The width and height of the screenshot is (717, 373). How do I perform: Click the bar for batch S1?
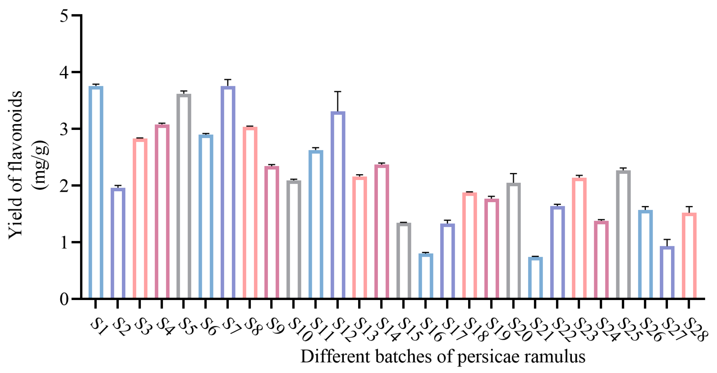[96, 193]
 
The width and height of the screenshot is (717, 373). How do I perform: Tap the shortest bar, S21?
[535, 278]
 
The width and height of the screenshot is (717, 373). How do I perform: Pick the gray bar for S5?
[184, 196]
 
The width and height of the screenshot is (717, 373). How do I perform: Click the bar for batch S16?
[426, 276]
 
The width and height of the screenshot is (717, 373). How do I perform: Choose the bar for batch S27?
[667, 272]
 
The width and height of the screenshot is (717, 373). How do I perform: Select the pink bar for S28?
[689, 256]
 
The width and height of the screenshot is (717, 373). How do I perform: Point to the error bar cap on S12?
[338, 92]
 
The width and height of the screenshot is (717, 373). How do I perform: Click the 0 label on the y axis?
[64, 299]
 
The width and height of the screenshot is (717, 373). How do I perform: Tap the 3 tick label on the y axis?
[64, 129]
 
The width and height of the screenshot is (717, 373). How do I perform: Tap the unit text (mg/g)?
[40, 165]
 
